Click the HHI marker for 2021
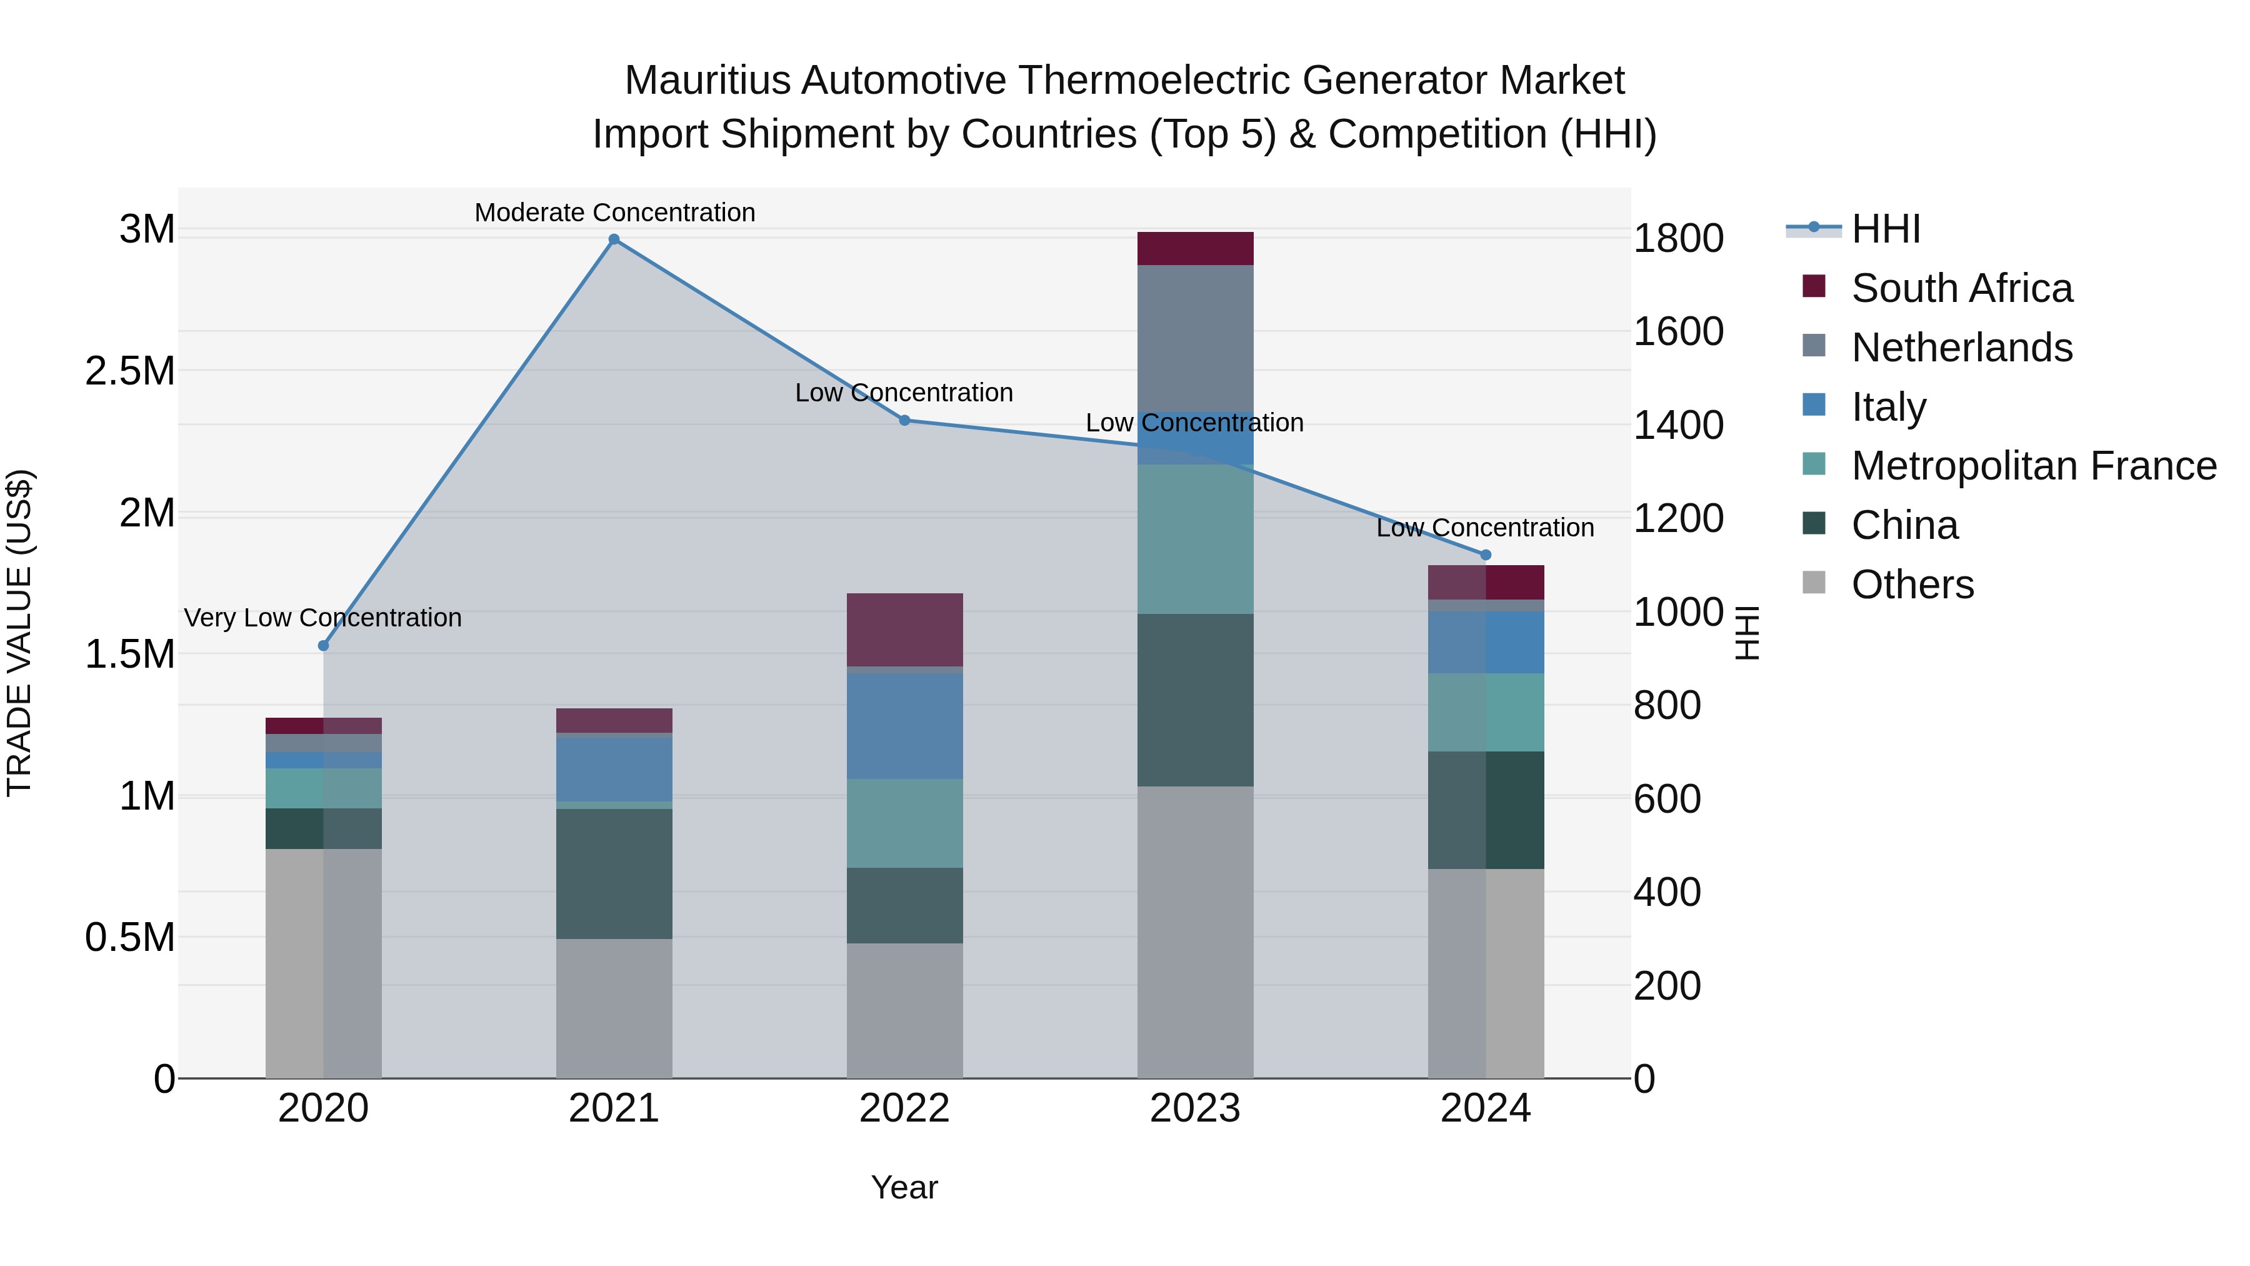click(x=614, y=239)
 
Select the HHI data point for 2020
click(x=323, y=646)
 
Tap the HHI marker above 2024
click(x=1486, y=555)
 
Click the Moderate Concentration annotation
click(x=614, y=213)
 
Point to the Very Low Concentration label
click(x=322, y=618)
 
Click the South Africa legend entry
click(x=1961, y=288)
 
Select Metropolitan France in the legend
click(x=2033, y=466)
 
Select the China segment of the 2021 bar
click(x=614, y=874)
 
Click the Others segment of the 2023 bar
click(x=1195, y=932)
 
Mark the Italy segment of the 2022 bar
click(x=905, y=726)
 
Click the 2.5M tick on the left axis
click(x=129, y=371)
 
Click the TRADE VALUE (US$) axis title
click(x=19, y=633)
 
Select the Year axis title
click(x=904, y=1187)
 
